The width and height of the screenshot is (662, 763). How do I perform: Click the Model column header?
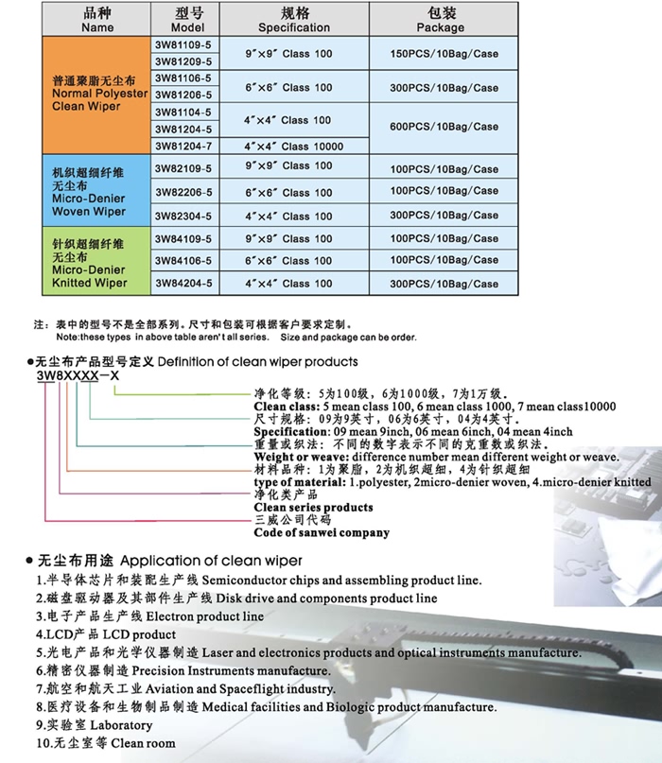tap(187, 20)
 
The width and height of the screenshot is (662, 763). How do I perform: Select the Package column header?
tap(441, 20)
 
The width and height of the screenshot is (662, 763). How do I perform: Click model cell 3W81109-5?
tap(187, 43)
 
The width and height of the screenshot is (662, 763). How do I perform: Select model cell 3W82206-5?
tap(187, 191)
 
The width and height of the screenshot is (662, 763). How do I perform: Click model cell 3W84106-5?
tap(187, 260)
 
